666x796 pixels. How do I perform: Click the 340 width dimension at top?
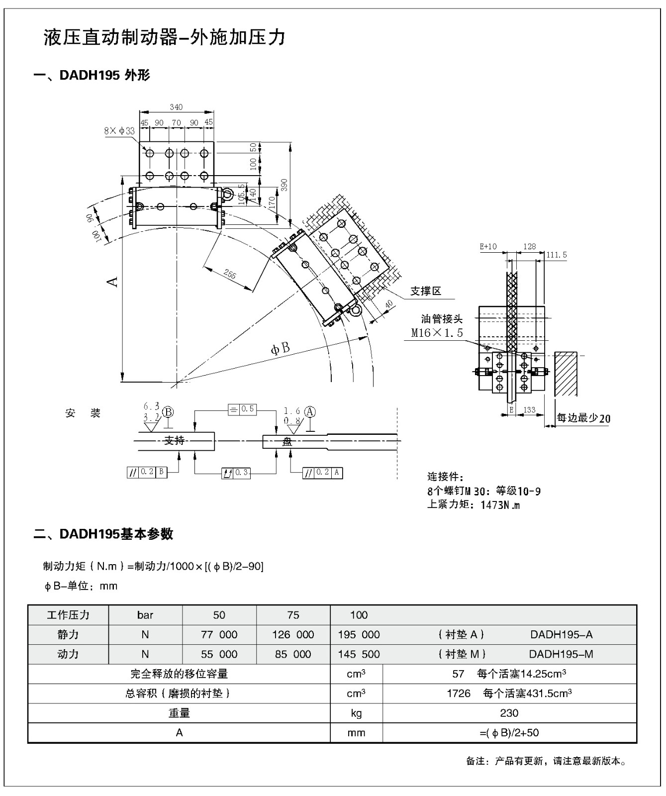point(176,107)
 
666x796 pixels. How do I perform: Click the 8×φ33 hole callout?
point(119,131)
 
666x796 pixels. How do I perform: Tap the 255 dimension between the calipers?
point(230,274)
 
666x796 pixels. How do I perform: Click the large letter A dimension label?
point(113,282)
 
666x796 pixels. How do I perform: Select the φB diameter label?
point(280,348)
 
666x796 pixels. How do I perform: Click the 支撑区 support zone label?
point(426,292)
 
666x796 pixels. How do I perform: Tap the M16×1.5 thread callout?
point(437,333)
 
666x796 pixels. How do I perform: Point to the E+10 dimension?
point(488,247)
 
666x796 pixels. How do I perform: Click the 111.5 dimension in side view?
point(557,255)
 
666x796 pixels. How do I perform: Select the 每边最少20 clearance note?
point(583,418)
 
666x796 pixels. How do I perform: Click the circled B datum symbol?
point(168,412)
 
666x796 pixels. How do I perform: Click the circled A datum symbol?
point(310,411)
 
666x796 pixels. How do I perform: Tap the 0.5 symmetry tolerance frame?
point(242,409)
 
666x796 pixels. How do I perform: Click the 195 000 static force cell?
point(359,635)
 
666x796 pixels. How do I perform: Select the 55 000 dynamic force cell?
point(219,654)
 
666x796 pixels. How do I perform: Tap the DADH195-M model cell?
point(561,654)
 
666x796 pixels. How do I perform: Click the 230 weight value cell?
point(509,713)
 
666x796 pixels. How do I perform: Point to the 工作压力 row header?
point(68,615)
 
